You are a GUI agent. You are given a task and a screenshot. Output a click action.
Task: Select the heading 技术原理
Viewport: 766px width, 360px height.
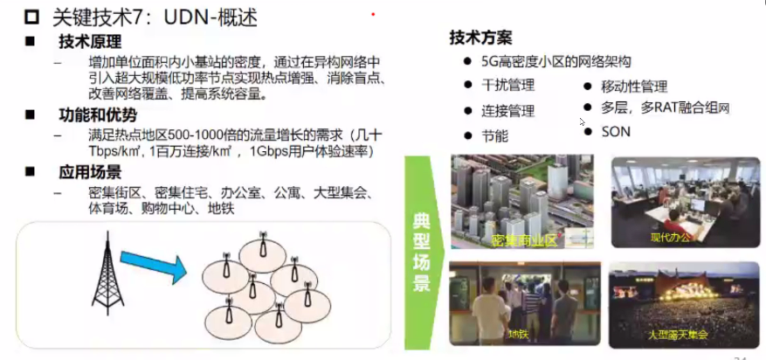(x=90, y=42)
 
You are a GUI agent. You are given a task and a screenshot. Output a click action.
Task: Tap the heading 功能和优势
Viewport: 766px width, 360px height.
(x=98, y=114)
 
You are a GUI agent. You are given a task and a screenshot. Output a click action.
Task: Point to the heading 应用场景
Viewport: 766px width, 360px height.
(x=90, y=172)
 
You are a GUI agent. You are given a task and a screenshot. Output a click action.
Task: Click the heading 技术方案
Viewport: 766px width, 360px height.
(x=480, y=38)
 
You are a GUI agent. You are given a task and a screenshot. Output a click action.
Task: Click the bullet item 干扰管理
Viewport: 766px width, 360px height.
(x=508, y=86)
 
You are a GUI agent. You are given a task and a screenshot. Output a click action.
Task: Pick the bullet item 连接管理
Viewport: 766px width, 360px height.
(x=508, y=111)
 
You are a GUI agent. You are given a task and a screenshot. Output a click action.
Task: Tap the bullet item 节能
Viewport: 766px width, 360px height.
(x=494, y=135)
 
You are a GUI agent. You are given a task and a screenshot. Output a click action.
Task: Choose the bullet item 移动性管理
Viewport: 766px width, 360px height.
(x=634, y=87)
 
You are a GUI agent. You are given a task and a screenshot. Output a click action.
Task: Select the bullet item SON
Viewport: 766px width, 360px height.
(x=616, y=131)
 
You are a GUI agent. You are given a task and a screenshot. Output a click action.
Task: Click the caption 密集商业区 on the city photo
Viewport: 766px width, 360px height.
(x=524, y=239)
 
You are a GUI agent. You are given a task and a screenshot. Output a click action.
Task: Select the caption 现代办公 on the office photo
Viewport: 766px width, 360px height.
(x=671, y=237)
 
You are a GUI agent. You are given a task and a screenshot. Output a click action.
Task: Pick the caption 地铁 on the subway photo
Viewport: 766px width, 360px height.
(x=517, y=334)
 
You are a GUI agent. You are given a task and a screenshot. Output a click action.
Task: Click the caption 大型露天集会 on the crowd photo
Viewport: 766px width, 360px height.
(x=678, y=334)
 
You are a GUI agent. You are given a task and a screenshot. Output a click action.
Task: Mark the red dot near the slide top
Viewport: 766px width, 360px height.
(x=374, y=14)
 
